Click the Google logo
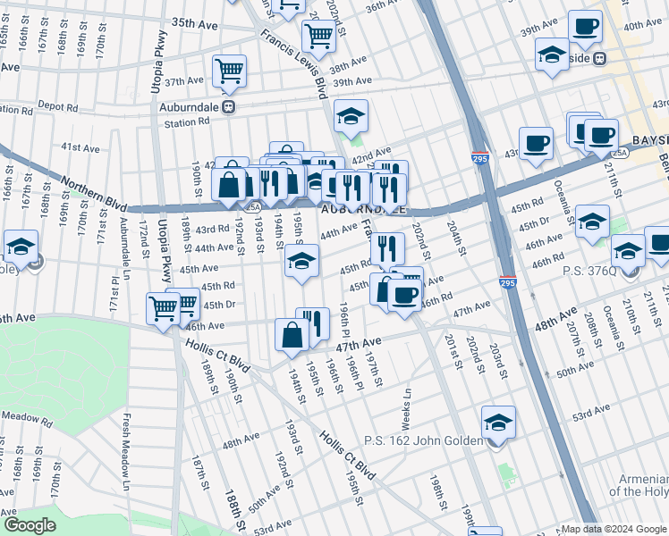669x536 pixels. click(30, 524)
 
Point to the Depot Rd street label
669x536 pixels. click(57, 106)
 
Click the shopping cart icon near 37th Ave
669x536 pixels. click(230, 71)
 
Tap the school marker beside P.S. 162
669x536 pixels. click(498, 423)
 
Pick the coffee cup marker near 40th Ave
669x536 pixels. click(586, 27)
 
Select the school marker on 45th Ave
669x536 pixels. click(301, 262)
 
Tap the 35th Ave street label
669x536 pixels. click(194, 22)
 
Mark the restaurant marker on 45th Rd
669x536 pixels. click(386, 247)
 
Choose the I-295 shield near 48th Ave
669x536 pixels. click(508, 280)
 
